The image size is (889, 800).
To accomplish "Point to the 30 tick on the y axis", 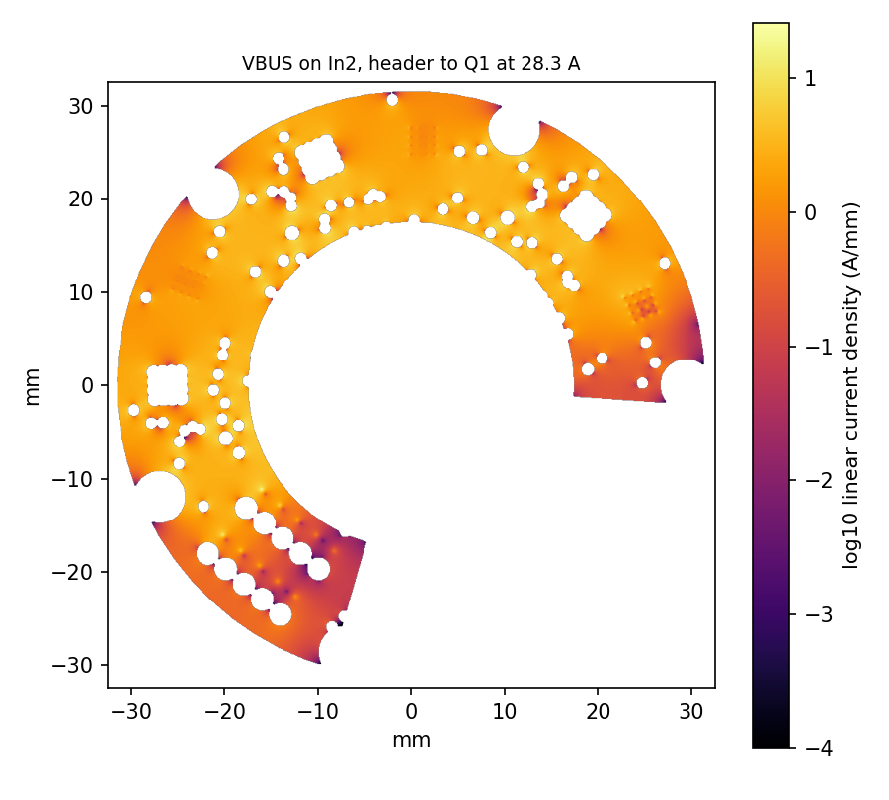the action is pyautogui.click(x=81, y=106).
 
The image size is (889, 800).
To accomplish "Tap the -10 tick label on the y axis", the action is pyautogui.click(x=73, y=479).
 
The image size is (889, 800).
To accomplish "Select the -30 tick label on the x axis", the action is pyautogui.click(x=131, y=711).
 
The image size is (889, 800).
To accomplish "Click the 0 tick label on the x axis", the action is pyautogui.click(x=411, y=711).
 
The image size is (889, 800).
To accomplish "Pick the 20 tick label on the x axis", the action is pyautogui.click(x=598, y=711).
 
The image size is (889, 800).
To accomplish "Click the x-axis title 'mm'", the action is pyautogui.click(x=411, y=740).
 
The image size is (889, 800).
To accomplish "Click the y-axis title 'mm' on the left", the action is pyautogui.click(x=33, y=387).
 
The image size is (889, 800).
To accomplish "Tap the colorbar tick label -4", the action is pyautogui.click(x=817, y=749).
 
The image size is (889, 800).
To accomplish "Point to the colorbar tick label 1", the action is pyautogui.click(x=810, y=78).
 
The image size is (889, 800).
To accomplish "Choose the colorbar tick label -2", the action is pyautogui.click(x=817, y=481).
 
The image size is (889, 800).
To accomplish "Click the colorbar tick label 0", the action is pyautogui.click(x=810, y=212).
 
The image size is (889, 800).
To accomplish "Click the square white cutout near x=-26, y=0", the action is pyautogui.click(x=167, y=385).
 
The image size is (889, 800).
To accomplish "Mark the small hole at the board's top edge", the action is pyautogui.click(x=392, y=100).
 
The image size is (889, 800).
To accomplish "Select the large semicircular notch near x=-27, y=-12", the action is pyautogui.click(x=161, y=497).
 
